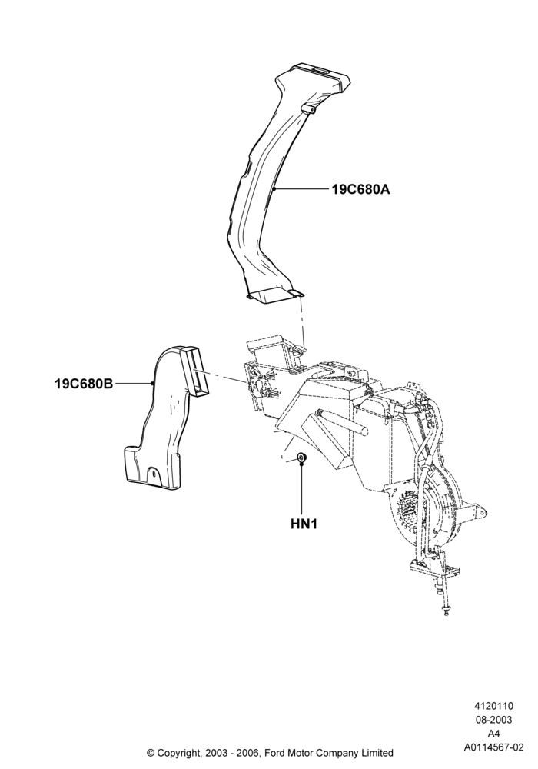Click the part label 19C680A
(360, 189)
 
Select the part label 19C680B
(84, 384)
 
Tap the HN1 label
(304, 524)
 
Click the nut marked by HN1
(302, 458)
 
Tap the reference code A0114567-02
(493, 747)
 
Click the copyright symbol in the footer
(151, 752)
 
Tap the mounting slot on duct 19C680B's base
(154, 475)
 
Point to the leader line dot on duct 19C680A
(275, 189)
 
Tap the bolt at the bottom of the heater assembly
(446, 611)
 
